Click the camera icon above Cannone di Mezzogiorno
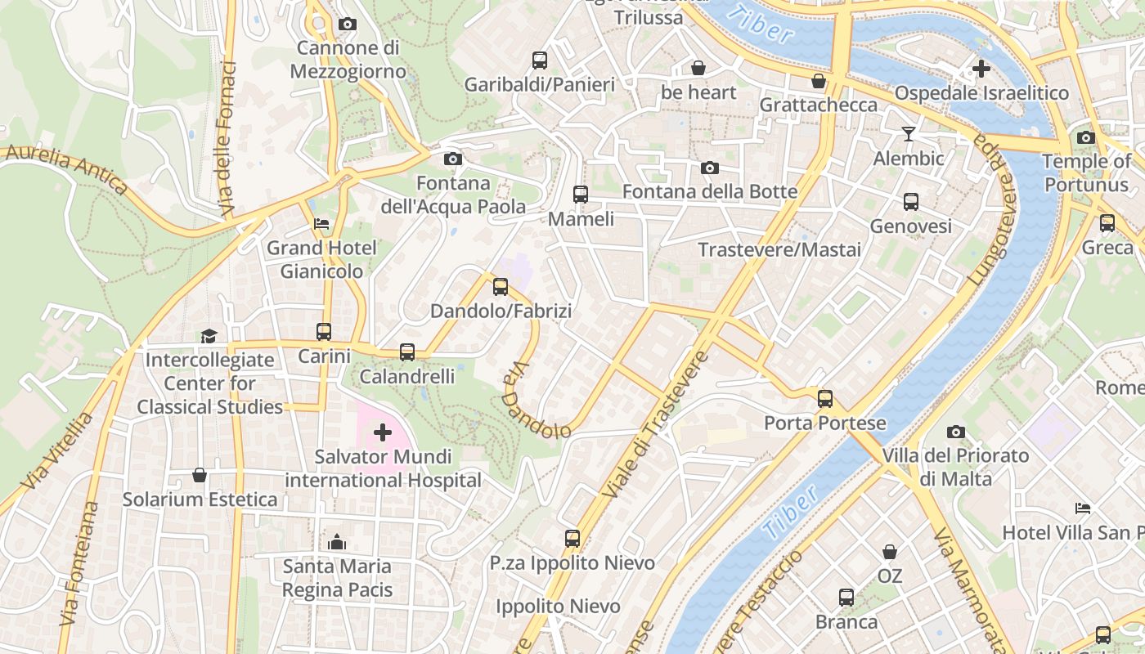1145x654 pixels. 348,25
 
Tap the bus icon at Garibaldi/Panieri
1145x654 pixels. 540,60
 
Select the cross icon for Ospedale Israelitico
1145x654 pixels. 981,69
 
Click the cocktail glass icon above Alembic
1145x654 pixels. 909,134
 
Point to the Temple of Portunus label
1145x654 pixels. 1086,172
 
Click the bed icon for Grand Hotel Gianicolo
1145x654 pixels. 321,224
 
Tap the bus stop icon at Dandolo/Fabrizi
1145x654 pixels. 501,287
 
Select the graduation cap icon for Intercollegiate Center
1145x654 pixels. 209,336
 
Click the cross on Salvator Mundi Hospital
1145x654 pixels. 382,432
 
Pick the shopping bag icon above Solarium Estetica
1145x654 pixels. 200,475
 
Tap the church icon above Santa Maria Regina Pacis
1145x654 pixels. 337,542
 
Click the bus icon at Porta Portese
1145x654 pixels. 825,399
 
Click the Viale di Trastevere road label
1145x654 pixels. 655,425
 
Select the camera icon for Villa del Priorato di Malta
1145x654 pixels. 955,432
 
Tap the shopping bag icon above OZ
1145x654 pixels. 890,552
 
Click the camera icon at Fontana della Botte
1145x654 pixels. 710,168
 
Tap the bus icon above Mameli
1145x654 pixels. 581,195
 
